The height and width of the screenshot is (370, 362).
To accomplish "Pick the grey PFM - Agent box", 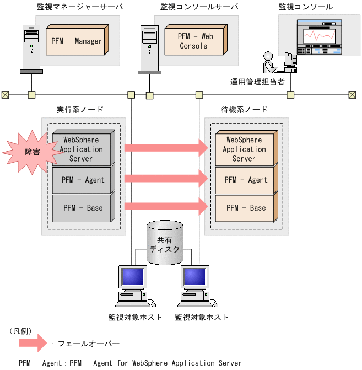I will click(x=83, y=179).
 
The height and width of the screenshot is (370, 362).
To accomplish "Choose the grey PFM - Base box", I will click(x=83, y=208).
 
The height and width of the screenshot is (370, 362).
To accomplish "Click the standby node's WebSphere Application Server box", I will click(x=244, y=149).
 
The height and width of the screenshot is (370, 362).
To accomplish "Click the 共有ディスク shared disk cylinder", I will click(x=168, y=243).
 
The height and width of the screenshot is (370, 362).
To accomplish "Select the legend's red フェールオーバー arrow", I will click(x=33, y=344).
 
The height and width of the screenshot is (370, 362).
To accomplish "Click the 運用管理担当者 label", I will click(x=257, y=82).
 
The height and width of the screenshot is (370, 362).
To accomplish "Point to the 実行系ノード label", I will click(x=80, y=109).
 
